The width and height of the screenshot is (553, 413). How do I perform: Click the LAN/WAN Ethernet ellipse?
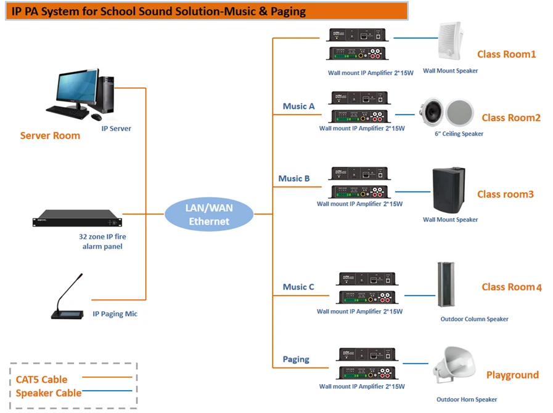[x=209, y=214]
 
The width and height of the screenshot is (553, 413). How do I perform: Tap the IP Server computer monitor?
[x=78, y=86]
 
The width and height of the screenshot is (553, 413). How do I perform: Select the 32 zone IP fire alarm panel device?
[x=77, y=219]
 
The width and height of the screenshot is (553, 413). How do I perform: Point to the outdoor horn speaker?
[x=454, y=365]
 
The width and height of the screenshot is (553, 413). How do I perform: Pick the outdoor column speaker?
[x=446, y=284]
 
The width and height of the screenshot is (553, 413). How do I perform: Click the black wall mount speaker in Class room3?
[x=449, y=190]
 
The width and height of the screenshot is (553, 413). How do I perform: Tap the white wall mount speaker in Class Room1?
[x=451, y=42]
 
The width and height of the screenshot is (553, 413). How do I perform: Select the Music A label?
[x=299, y=106]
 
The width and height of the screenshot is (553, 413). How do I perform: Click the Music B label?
[x=294, y=178]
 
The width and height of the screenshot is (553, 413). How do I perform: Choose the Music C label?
[x=298, y=287]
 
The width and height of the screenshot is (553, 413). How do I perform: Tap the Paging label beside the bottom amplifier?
[x=297, y=359]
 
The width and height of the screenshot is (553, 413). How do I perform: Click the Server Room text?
[x=50, y=135]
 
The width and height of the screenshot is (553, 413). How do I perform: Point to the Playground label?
[x=513, y=375]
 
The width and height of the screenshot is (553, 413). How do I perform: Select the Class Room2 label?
[x=511, y=118]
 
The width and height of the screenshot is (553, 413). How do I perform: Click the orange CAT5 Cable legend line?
[x=107, y=377]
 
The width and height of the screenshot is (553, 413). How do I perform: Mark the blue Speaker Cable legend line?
[x=107, y=390]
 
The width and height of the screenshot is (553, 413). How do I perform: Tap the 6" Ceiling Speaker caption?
[x=459, y=134]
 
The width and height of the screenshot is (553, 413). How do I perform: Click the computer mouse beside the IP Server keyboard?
[x=96, y=117]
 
